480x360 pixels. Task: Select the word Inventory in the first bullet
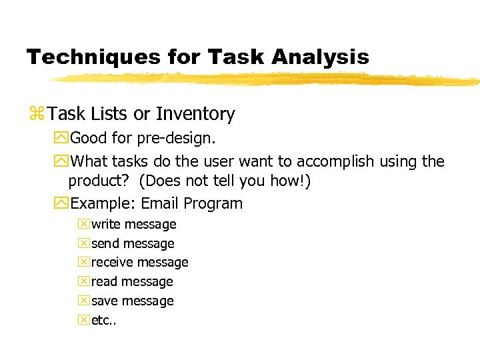coord(195,115)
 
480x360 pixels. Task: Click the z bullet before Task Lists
coord(35,115)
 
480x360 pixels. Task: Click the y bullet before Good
coord(62,139)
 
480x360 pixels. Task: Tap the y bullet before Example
coord(62,203)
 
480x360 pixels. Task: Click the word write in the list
coord(106,225)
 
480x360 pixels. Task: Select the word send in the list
coord(105,244)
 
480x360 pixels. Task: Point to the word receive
coord(112,263)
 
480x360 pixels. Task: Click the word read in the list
coord(105,282)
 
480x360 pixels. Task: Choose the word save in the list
coord(105,301)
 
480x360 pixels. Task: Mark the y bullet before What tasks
coord(62,161)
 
